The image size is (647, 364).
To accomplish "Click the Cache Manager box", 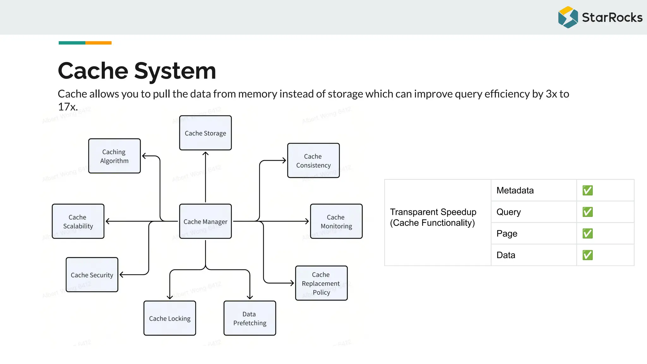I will tap(205, 221).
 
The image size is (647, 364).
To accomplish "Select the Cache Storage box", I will tap(205, 133).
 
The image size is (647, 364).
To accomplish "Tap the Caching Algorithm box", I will tap(114, 156).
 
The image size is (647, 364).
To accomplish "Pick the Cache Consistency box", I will tap(313, 161).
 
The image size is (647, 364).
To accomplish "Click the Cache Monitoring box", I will tap(336, 221).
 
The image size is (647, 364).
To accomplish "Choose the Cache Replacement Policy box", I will tap(321, 283).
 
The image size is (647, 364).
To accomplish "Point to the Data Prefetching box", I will tap(250, 318).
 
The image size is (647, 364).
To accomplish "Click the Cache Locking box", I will tap(170, 318).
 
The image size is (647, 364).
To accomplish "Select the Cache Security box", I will tap(92, 275).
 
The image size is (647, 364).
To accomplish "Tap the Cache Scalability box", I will tap(78, 221).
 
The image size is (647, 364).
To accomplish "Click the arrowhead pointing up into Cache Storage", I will tap(205, 154).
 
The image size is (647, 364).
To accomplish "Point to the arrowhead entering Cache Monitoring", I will tap(307, 221).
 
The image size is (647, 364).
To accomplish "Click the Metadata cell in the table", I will tap(534, 190).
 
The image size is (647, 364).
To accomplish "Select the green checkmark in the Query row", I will tap(588, 212).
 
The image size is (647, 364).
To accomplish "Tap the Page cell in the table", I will tap(534, 234).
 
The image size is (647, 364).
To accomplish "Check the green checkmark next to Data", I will tap(588, 255).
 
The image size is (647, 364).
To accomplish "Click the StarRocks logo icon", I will tap(568, 17).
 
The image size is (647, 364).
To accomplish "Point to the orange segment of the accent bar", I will tap(98, 43).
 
